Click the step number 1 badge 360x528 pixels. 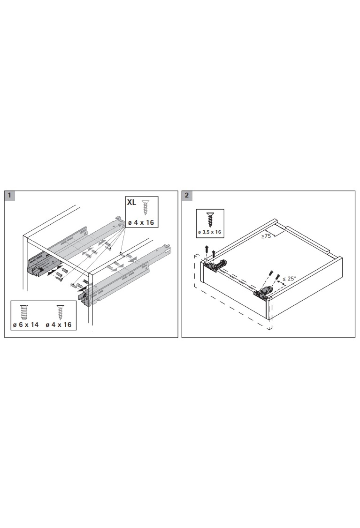pyautogui.click(x=10, y=195)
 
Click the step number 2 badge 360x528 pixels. pyautogui.click(x=187, y=195)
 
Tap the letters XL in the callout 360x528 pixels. pyautogui.click(x=132, y=202)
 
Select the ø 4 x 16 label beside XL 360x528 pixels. pyautogui.click(x=141, y=223)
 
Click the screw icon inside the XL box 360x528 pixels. pyautogui.click(x=145, y=207)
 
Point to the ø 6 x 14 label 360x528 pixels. pyautogui.click(x=25, y=325)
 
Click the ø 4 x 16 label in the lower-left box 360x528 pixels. pyautogui.click(x=58, y=325)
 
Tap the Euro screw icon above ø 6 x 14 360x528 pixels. pyautogui.click(x=24, y=312)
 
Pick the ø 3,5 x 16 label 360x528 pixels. pyautogui.click(x=210, y=232)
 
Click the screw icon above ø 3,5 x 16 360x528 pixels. pyautogui.click(x=210, y=219)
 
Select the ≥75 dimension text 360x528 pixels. pyautogui.click(x=266, y=236)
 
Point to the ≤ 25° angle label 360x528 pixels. pyautogui.click(x=289, y=278)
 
